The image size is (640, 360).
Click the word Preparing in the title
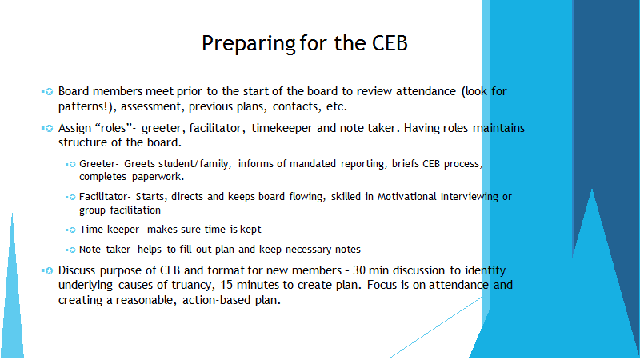248,44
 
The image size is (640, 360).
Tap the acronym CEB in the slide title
390,43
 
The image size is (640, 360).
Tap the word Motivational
407,197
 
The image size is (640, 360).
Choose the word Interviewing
470,197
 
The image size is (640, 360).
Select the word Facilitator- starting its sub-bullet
105,197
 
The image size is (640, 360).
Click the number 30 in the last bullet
359,270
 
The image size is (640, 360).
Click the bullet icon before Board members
47,92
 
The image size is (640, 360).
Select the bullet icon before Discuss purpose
47,270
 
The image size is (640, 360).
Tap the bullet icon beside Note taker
70,250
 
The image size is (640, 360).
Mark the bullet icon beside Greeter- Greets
70,164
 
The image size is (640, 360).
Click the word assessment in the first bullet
151,106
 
